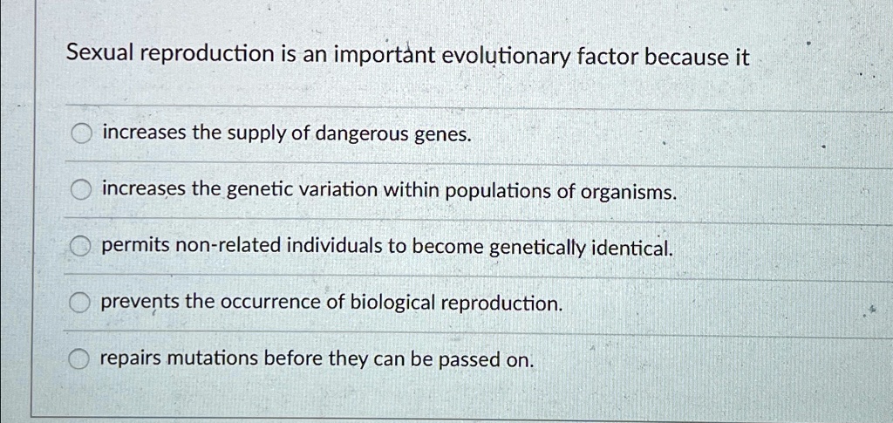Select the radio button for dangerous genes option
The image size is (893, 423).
(x=82, y=134)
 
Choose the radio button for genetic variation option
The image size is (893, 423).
(x=81, y=191)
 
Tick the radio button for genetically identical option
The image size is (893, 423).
(x=81, y=247)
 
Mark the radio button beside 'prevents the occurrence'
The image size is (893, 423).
(x=80, y=303)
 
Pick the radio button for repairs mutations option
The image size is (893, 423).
(x=79, y=358)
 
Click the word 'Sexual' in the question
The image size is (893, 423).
(x=100, y=54)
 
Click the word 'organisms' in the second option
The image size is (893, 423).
(x=628, y=194)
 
